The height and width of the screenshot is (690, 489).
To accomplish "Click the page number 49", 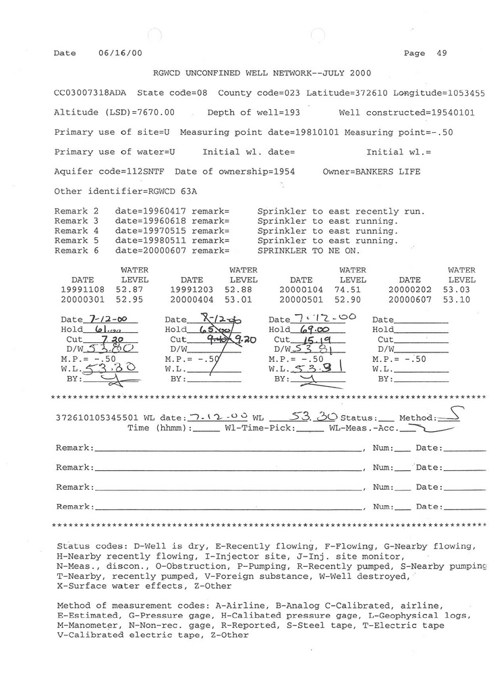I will (442, 53).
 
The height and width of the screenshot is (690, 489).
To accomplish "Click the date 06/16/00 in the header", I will (120, 53).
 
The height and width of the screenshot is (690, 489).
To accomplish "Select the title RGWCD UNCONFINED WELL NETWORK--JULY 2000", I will (262, 73).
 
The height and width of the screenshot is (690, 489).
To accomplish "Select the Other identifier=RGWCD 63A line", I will (125, 191).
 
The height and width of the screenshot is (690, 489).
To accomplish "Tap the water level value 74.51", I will (353, 289).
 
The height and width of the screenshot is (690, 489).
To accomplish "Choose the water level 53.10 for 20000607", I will (461, 299).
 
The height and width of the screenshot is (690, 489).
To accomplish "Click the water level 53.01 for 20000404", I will (243, 299).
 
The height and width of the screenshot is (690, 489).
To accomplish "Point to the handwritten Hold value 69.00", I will (316, 330).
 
